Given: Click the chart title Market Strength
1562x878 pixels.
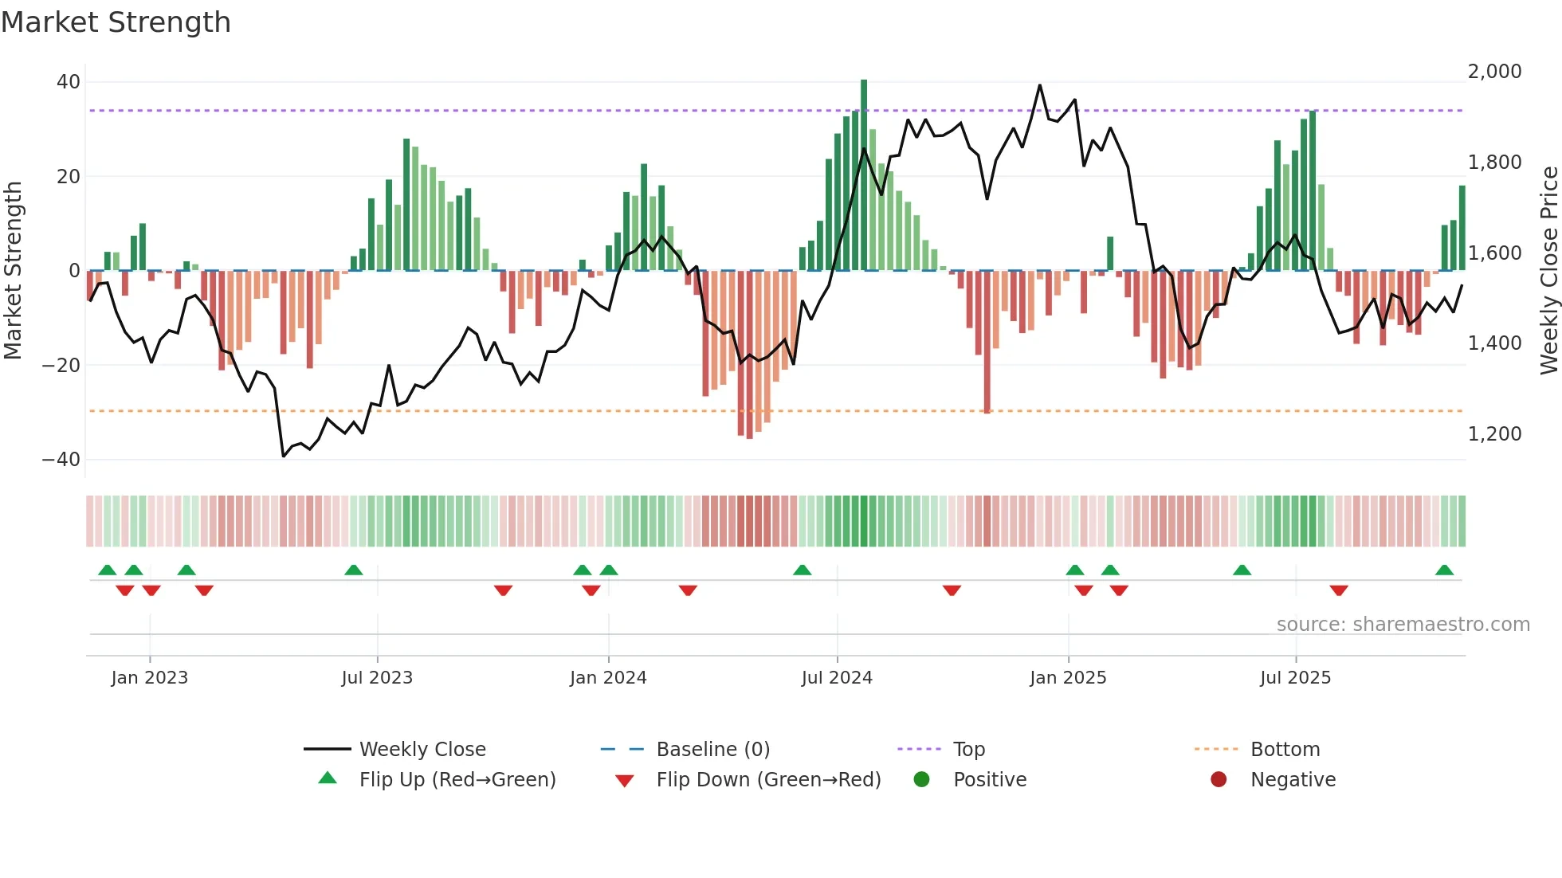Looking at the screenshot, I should click(116, 22).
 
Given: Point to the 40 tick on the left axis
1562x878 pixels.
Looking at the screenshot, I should click(69, 82).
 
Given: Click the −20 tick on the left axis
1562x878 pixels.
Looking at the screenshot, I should click(61, 366).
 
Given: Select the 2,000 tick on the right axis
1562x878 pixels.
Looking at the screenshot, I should click(1494, 72).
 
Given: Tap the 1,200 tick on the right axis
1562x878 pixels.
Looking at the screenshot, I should click(1494, 434).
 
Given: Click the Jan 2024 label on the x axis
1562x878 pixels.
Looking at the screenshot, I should click(608, 678).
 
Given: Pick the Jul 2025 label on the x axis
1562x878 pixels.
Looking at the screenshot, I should click(1295, 678).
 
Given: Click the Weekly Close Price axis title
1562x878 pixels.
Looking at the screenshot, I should click(1548, 271).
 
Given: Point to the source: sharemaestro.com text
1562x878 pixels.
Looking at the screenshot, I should click(1403, 625).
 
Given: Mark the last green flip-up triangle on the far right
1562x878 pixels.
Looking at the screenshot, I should click(1444, 570).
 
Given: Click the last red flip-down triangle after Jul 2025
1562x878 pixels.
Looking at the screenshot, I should click(1339, 590).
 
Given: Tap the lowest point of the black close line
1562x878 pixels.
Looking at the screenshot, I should click(284, 456).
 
